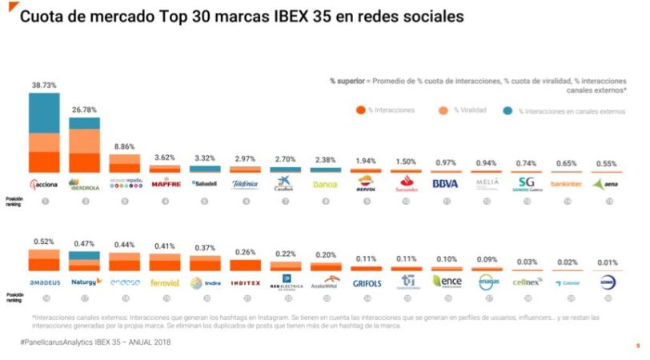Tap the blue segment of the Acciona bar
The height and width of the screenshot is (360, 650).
point(44,113)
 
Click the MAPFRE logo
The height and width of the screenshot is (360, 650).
point(165,184)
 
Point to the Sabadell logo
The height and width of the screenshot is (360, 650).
point(205,183)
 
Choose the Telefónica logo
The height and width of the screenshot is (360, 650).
point(245,184)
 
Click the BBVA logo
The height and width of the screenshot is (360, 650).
point(445,184)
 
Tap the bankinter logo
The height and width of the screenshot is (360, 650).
point(566,184)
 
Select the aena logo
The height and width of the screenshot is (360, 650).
point(606,184)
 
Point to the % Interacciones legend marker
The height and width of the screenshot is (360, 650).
point(362,110)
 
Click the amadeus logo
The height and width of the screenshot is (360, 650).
point(45,282)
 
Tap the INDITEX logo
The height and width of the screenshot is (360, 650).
point(245,282)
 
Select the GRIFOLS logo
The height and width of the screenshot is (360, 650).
point(365,282)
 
